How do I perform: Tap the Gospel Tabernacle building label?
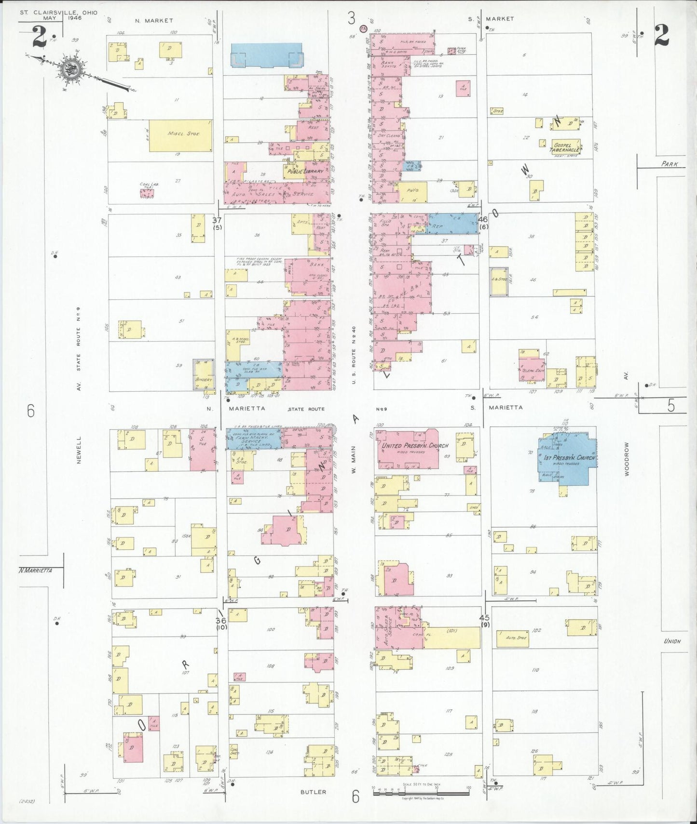(565, 147)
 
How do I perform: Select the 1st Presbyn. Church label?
(570, 458)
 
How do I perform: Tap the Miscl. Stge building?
(180, 134)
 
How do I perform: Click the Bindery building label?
(204, 380)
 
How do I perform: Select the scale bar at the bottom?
(421, 788)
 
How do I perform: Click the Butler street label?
(314, 792)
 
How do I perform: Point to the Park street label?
(669, 164)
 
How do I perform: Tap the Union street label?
(672, 641)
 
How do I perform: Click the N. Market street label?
(154, 20)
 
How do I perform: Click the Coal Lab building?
(147, 193)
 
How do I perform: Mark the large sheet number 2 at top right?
(662, 35)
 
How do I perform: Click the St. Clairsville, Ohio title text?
(58, 12)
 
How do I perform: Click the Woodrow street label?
(627, 459)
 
